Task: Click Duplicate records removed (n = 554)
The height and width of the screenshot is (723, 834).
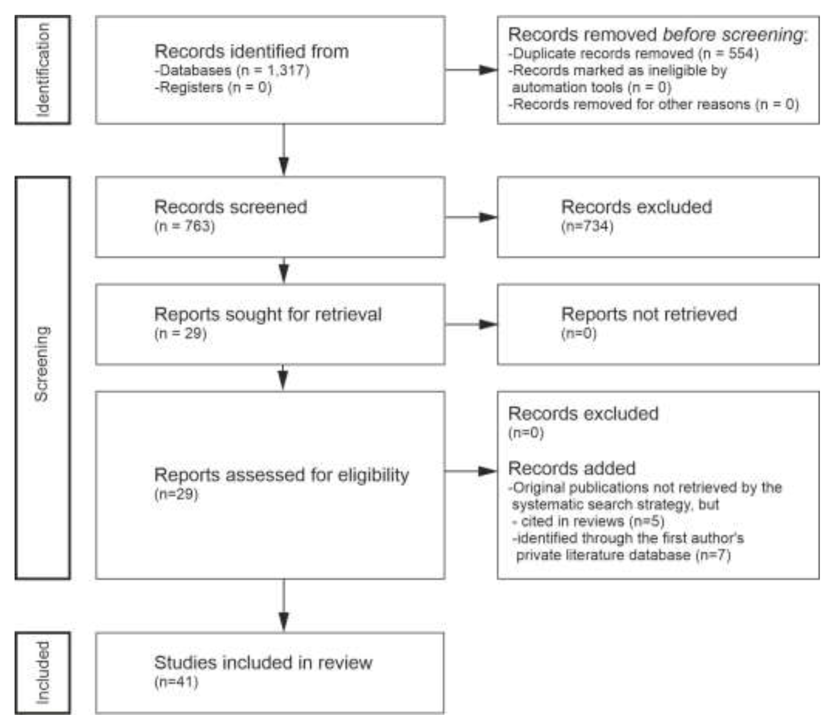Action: pyautogui.click(x=633, y=54)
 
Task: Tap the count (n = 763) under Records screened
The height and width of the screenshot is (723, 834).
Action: pyautogui.click(x=184, y=226)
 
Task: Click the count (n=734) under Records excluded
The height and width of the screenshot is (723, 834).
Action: pyautogui.click(x=587, y=226)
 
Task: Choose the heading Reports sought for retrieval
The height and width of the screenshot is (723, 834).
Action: pyautogui.click(x=268, y=314)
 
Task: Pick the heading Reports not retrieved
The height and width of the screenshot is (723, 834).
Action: pyautogui.click(x=649, y=314)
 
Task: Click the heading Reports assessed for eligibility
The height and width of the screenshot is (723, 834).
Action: pyautogui.click(x=282, y=475)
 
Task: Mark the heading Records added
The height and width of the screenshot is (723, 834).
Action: pyautogui.click(x=571, y=468)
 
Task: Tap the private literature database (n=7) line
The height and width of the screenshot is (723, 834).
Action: pyautogui.click(x=623, y=555)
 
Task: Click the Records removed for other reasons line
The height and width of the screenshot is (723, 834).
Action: pyautogui.click(x=653, y=105)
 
